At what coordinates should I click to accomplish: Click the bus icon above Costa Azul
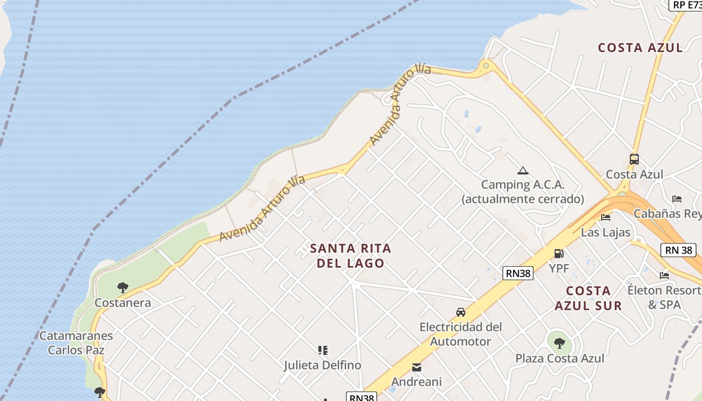click(634, 159)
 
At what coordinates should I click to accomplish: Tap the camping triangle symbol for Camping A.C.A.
click(523, 171)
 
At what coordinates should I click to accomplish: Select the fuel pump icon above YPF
click(559, 254)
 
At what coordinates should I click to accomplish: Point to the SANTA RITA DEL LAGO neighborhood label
click(350, 256)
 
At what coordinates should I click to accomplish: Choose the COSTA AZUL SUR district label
click(589, 298)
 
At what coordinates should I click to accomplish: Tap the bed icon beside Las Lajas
click(606, 218)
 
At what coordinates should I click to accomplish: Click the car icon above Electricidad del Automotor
click(460, 312)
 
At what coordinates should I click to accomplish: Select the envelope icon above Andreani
click(416, 367)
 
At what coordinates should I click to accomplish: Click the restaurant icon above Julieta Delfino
click(323, 350)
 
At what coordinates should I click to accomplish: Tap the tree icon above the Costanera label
click(122, 288)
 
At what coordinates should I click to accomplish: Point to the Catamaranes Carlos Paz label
click(76, 343)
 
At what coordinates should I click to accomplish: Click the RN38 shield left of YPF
click(517, 273)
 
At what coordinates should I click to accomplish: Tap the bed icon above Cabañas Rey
click(677, 198)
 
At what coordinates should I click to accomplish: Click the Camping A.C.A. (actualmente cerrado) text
click(523, 192)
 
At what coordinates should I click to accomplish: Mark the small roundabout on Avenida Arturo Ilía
click(485, 65)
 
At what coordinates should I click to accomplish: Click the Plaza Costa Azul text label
click(560, 358)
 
